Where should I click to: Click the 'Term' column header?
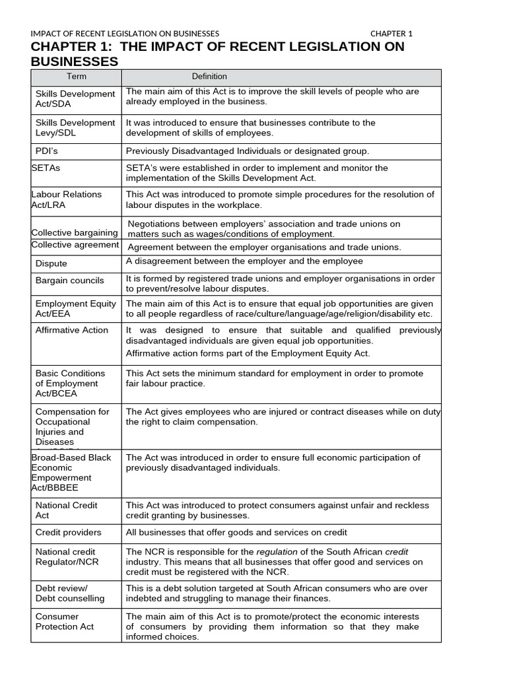(x=76, y=77)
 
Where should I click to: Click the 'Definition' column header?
(x=209, y=77)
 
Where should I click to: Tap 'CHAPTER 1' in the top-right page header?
(x=391, y=34)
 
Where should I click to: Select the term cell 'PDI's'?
(x=49, y=151)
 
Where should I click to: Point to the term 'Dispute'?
(x=51, y=263)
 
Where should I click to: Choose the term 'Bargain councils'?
(x=69, y=281)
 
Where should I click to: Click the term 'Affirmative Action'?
(x=72, y=330)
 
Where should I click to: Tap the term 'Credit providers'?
(x=69, y=532)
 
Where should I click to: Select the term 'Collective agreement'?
(x=75, y=245)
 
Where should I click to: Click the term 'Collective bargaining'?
(x=75, y=232)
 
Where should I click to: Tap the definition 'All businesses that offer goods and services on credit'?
(x=236, y=532)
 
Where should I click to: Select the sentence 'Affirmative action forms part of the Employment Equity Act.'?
(x=248, y=353)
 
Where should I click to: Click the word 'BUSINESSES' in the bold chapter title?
(x=75, y=61)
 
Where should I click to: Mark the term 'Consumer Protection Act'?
(x=65, y=621)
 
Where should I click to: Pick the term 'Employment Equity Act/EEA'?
(x=76, y=309)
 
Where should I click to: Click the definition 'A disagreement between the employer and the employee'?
(x=244, y=261)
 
